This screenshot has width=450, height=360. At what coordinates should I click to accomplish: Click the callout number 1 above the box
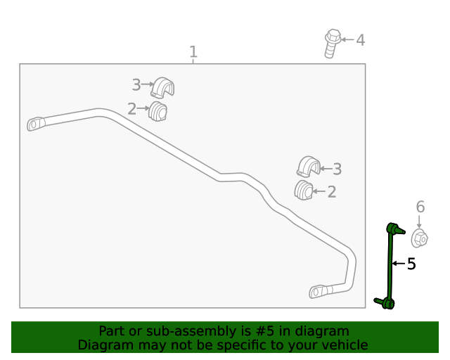pyautogui.click(x=193, y=52)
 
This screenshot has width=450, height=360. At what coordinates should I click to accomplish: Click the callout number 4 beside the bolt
pyautogui.click(x=361, y=40)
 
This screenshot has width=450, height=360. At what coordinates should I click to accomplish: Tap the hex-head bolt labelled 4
pyautogui.click(x=333, y=44)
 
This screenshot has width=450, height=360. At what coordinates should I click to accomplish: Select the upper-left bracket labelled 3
pyautogui.click(x=162, y=87)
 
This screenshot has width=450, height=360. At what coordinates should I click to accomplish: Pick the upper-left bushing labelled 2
pyautogui.click(x=157, y=111)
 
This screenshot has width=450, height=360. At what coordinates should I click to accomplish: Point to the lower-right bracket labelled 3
pyautogui.click(x=309, y=167)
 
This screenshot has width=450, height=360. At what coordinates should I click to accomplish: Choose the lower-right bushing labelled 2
pyautogui.click(x=304, y=190)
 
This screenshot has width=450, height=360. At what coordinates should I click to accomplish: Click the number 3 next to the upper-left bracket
pyautogui.click(x=136, y=85)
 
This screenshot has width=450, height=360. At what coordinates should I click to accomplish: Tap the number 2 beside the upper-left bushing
pyautogui.click(x=131, y=109)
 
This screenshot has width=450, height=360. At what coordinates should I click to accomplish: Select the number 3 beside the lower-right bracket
pyautogui.click(x=337, y=169)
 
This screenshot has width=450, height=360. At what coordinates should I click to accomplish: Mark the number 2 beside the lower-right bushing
pyautogui.click(x=332, y=192)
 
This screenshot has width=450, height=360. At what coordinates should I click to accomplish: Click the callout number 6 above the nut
pyautogui.click(x=420, y=207)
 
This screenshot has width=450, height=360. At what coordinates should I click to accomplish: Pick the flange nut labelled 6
pyautogui.click(x=420, y=238)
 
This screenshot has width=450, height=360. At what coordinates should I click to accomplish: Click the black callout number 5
pyautogui.click(x=411, y=264)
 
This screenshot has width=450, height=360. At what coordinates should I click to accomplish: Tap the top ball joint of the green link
pyautogui.click(x=394, y=229)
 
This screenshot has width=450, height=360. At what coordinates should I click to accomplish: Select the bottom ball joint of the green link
pyautogui.click(x=387, y=304)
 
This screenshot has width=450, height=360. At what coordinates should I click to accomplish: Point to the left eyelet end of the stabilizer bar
pyautogui.click(x=36, y=124)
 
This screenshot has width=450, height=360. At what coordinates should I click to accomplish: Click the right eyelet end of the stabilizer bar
pyautogui.click(x=318, y=292)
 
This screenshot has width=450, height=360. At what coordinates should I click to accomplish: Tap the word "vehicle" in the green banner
pyautogui.click(x=349, y=345)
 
